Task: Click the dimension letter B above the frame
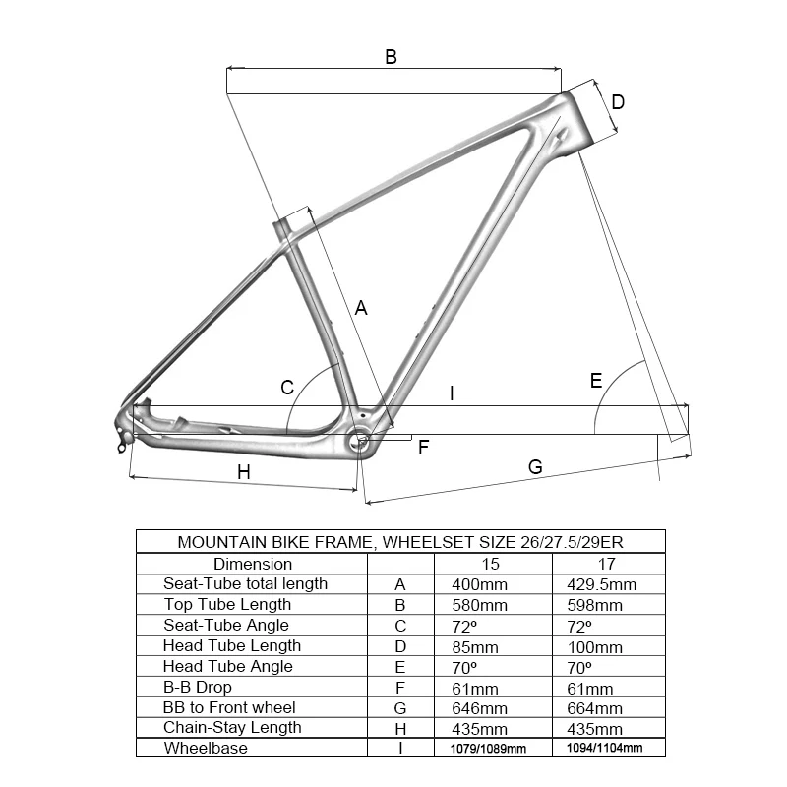click(391, 57)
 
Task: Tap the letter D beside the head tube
click(618, 102)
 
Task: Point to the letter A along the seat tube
click(361, 308)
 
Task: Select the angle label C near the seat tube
click(287, 388)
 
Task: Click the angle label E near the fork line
click(596, 381)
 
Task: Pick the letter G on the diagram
click(535, 467)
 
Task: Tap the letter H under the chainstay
click(244, 472)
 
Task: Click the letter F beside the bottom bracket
click(424, 448)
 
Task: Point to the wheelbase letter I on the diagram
click(452, 393)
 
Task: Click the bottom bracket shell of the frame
click(361, 442)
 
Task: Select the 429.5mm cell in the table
click(602, 584)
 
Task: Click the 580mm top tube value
click(480, 605)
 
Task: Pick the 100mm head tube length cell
click(595, 647)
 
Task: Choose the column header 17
click(607, 564)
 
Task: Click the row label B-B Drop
click(198, 687)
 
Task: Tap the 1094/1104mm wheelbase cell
click(605, 748)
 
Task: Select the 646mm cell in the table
click(480, 708)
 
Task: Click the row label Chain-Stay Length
click(232, 728)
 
